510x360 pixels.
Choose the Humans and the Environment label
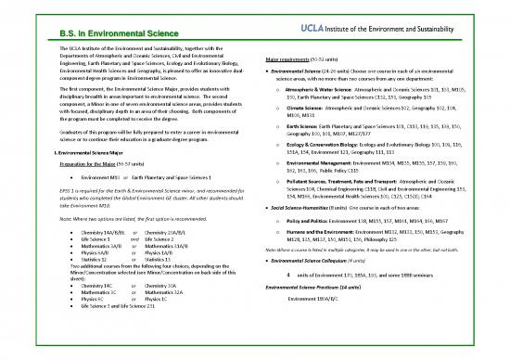[335, 249]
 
